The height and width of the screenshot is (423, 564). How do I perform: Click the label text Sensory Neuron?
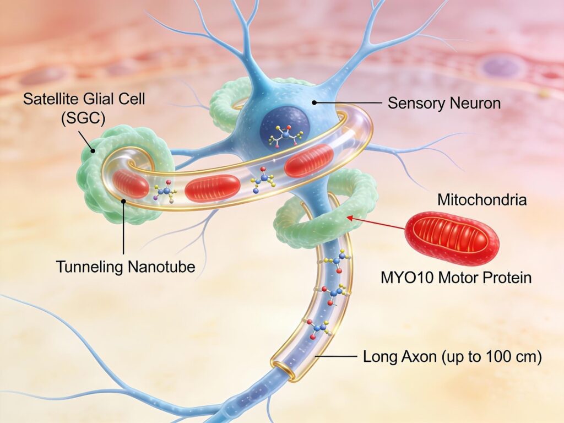coord(444,103)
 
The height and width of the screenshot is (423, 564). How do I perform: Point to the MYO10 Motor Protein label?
coord(456,277)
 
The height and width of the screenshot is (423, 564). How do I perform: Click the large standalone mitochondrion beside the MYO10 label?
coord(452,237)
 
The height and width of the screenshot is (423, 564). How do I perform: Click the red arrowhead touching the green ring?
coord(349,219)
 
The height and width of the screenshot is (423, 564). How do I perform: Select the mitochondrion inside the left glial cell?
coord(131,184)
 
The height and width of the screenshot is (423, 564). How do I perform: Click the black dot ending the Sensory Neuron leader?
coord(314,102)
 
